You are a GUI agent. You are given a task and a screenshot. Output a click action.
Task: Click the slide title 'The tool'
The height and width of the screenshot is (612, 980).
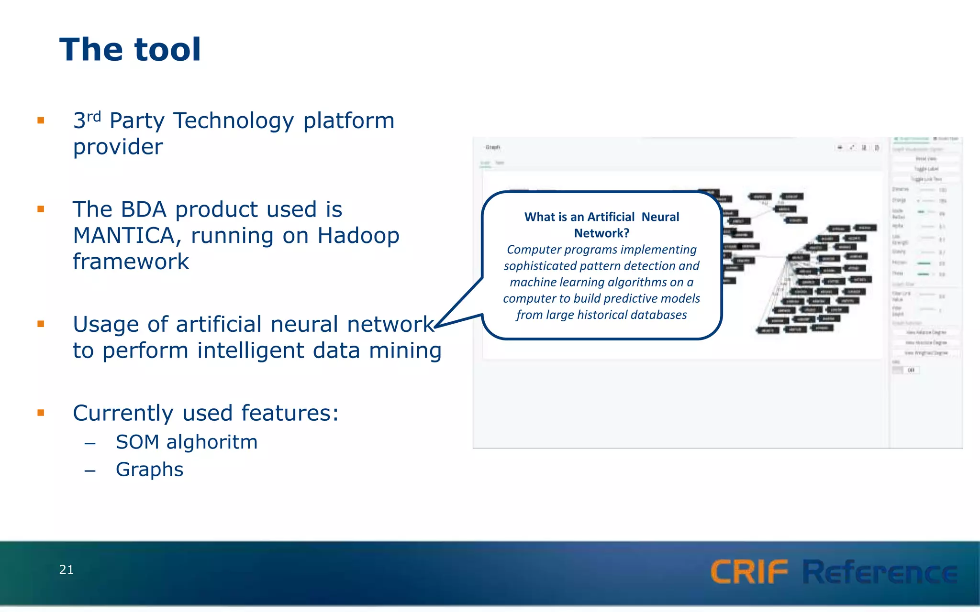(130, 50)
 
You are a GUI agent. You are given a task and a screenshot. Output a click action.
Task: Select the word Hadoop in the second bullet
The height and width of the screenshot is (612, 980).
(358, 236)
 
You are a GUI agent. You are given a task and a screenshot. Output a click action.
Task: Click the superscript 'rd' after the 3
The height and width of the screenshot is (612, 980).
(94, 116)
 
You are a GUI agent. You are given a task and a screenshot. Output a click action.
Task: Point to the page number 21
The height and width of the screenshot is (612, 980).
(66, 569)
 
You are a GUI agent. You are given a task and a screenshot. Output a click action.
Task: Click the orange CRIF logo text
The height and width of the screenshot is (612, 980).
(749, 572)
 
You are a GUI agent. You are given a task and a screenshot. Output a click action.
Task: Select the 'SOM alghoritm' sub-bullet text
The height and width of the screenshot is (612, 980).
(187, 442)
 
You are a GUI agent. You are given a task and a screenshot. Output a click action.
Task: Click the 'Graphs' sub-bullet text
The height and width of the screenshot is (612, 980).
(149, 470)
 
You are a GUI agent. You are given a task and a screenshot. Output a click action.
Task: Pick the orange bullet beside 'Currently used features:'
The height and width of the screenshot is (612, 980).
(41, 413)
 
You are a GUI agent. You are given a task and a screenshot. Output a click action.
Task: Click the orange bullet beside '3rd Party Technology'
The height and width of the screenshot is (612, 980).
(41, 120)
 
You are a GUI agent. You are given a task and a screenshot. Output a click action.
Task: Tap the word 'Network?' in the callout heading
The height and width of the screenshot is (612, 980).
(601, 233)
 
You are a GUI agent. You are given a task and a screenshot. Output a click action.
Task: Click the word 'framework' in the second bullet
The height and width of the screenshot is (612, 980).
(131, 262)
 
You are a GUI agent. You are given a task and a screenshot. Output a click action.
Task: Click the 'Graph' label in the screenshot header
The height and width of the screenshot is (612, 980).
(492, 147)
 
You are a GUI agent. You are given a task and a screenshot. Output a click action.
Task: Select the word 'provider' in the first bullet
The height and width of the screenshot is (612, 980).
(118, 147)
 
